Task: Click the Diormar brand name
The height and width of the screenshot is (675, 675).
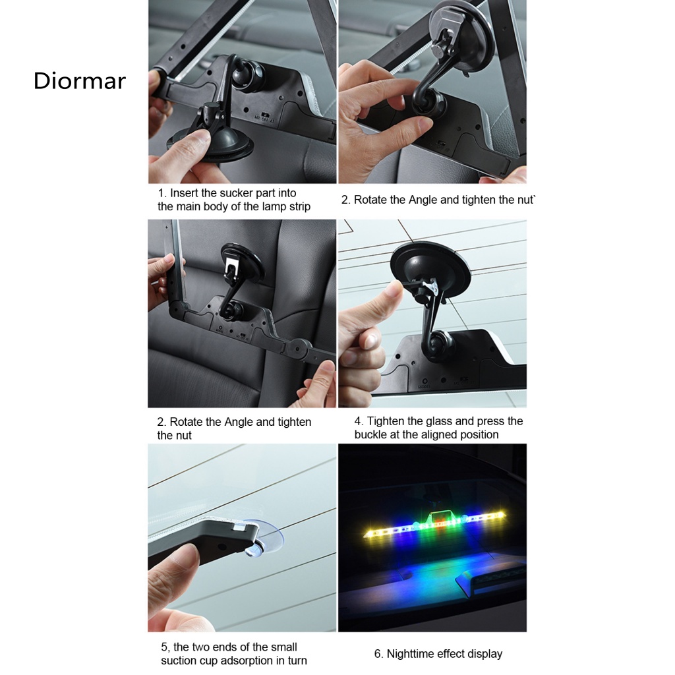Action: (79, 81)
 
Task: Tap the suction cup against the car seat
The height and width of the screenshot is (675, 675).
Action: (241, 262)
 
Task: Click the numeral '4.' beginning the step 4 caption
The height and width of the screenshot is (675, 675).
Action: (359, 421)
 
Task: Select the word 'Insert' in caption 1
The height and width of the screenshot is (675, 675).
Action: (185, 193)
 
